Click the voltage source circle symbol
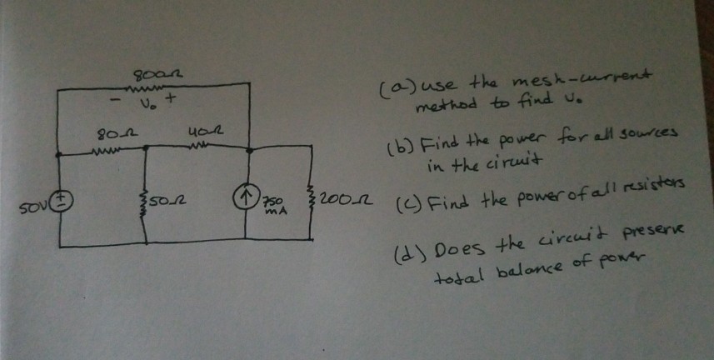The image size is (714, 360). tap(64, 199)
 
